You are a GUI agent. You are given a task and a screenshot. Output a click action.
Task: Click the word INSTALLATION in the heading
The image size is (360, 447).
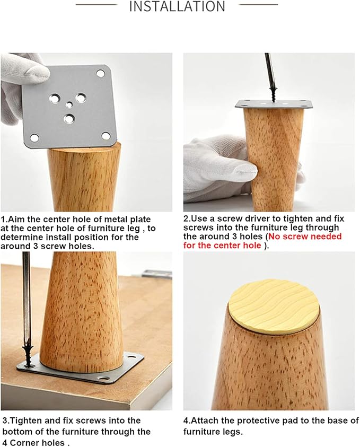pos(177,6)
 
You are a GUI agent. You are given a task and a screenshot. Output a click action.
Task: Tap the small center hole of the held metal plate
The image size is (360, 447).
pos(68,105)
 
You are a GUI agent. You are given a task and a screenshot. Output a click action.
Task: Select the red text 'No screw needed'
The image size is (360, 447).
pos(305,236)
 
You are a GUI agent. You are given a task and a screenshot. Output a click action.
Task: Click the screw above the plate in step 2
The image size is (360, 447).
pos(274,94)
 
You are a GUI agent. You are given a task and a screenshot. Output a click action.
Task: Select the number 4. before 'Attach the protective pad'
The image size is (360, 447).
pos(187,420)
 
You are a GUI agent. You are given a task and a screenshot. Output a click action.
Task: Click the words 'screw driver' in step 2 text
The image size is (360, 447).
pos(242,218)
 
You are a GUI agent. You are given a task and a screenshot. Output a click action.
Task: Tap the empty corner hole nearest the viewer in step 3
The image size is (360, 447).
pos(104,379)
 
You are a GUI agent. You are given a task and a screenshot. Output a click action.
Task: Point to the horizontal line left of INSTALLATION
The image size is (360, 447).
pos(96,5)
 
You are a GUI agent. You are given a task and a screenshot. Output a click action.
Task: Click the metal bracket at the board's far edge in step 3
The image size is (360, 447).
pos(156,274)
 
